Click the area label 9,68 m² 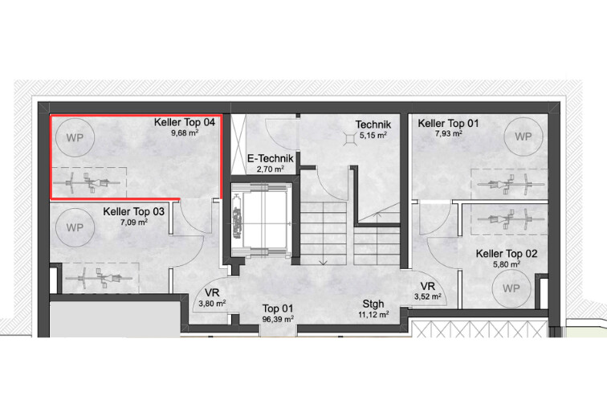[185, 133]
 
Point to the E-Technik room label [271, 158]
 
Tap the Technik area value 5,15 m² [373, 136]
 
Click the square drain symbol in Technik [350, 139]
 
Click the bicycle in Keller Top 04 [87, 183]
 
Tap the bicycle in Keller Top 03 [99, 278]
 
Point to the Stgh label [373, 304]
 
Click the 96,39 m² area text [278, 320]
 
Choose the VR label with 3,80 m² [212, 293]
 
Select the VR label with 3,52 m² [428, 287]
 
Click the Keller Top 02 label [507, 254]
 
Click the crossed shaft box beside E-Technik [238, 145]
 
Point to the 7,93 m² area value [449, 133]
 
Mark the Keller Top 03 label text [133, 212]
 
